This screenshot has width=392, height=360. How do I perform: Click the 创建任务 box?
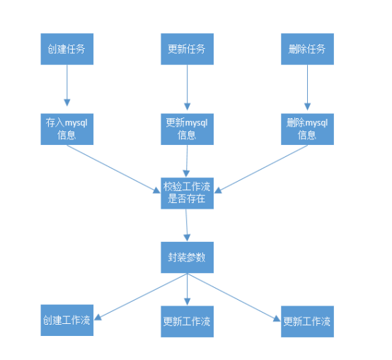pos(67,49)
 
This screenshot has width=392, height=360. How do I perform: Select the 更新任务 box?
pos(187,49)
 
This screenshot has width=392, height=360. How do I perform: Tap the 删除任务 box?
pos(307,49)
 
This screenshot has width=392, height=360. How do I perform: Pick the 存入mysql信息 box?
pos(67,129)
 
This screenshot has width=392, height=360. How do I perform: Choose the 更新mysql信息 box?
pos(187,129)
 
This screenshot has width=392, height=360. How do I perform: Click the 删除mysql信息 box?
pos(307,129)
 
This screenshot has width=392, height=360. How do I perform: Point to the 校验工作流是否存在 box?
pos(187,193)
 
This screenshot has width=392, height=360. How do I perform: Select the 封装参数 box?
pos(187,257)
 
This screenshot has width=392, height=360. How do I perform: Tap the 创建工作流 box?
pos(67,320)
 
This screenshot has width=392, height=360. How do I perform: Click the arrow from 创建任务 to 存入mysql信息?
pos(67,86)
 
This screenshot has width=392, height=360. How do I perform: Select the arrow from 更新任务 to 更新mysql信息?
pos(188,88)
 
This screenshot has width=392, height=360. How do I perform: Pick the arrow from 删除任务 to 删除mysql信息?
pos(308,88)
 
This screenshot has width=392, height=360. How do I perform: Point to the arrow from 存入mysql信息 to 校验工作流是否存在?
pos(113,169)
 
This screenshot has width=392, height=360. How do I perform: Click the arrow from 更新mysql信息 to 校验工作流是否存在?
pos(187,161)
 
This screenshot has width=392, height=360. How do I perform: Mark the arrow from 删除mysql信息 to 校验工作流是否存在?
pos(261,169)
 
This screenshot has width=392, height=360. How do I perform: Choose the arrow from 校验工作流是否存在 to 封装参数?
pos(187,225)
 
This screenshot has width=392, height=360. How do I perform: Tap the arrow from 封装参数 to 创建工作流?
pos(141,296)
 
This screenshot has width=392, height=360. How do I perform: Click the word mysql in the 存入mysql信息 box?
pos(76,123)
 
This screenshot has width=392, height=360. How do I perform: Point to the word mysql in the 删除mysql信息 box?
pos(316,123)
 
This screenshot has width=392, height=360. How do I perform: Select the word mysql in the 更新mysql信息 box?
pos(196,123)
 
